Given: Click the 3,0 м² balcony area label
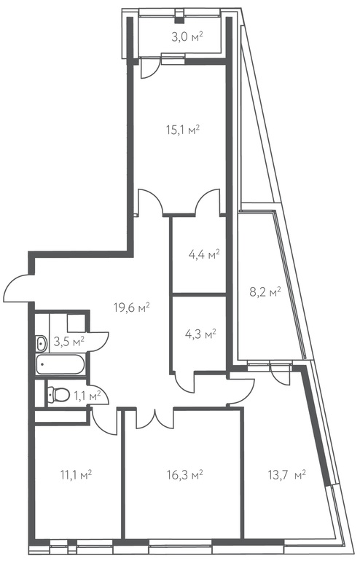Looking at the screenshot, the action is [187, 37].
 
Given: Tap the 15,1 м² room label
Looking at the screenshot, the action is [182, 129].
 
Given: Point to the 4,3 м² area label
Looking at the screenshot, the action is [200, 334].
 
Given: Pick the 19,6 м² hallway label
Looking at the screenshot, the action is [132, 307].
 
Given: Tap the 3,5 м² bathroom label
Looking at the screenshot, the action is [69, 341].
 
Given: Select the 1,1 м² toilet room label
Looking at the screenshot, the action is [87, 396].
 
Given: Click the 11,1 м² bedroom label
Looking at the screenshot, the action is [77, 475].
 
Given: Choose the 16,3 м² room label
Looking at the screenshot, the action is [185, 475].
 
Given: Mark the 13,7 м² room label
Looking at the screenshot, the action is [286, 475].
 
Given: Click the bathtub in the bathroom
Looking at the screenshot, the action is [60, 364].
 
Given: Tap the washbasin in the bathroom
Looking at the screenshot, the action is [42, 343].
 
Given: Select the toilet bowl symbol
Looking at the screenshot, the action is [59, 394].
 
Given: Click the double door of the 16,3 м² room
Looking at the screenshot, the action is [155, 419].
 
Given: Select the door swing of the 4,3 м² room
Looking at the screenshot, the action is [184, 382].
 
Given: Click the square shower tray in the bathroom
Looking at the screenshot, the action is [76, 323].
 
